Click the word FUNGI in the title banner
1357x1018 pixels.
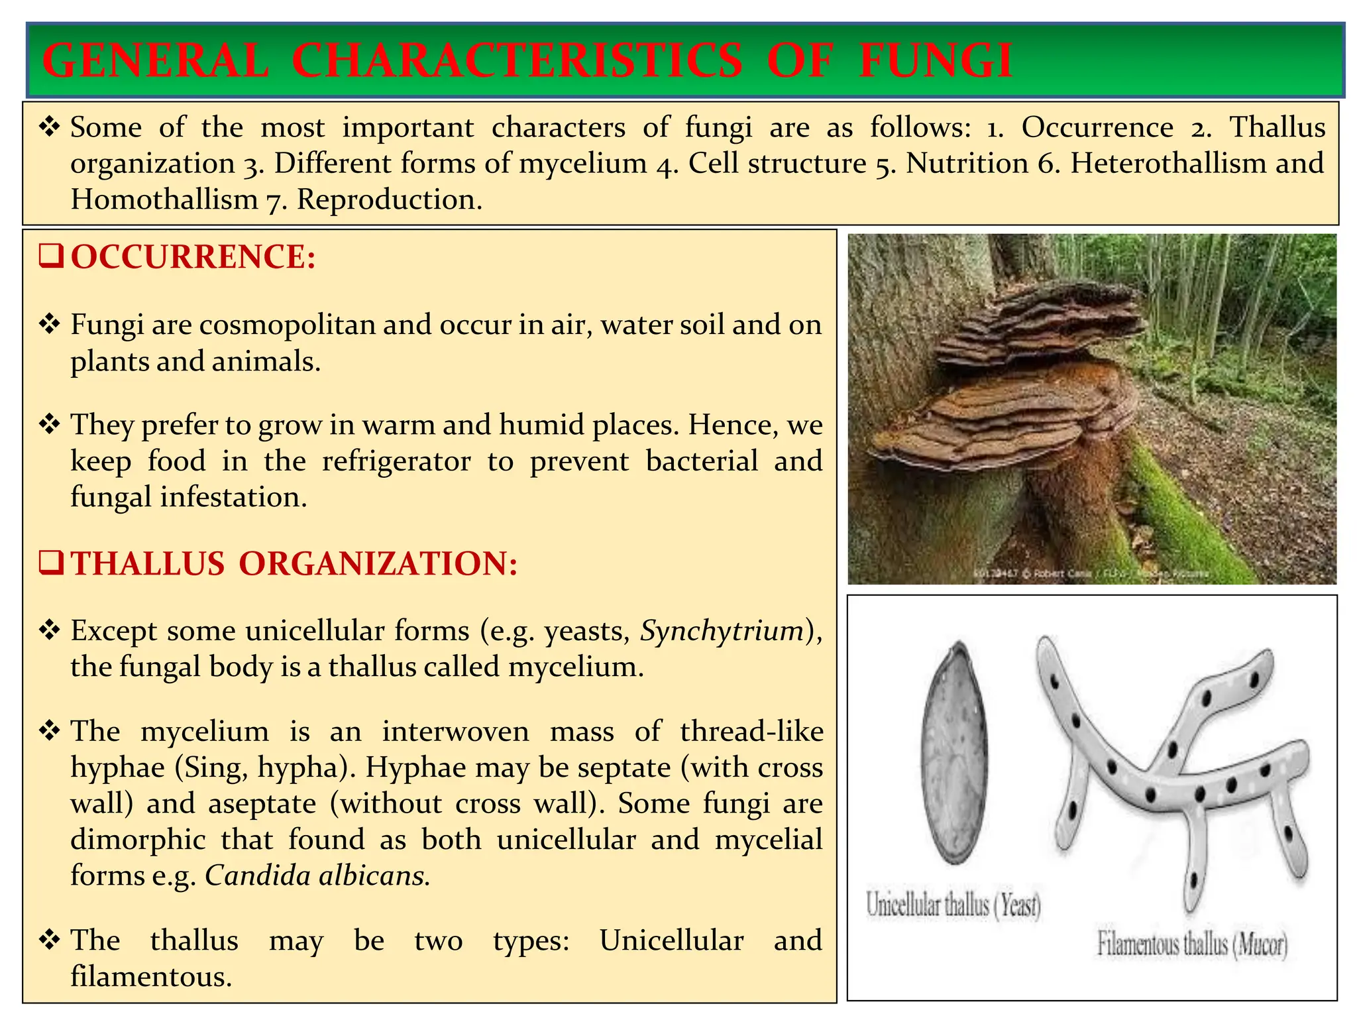point(936,61)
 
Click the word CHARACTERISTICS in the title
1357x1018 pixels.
point(517,61)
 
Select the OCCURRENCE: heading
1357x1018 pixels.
point(193,257)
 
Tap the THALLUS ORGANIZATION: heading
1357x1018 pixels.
point(294,563)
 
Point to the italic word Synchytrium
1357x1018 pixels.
point(722,631)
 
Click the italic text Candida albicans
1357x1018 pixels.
point(317,876)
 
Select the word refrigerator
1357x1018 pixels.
point(396,461)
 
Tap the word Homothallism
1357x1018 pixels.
point(164,199)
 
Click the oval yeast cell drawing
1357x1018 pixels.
point(955,752)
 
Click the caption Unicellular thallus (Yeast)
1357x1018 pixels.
point(953,905)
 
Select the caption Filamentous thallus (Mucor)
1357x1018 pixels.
point(1192,944)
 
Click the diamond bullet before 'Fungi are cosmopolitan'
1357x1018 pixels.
point(50,325)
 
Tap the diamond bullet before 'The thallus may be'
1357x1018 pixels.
point(50,940)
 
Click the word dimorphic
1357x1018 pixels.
point(138,840)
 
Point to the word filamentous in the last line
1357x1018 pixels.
point(151,977)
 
